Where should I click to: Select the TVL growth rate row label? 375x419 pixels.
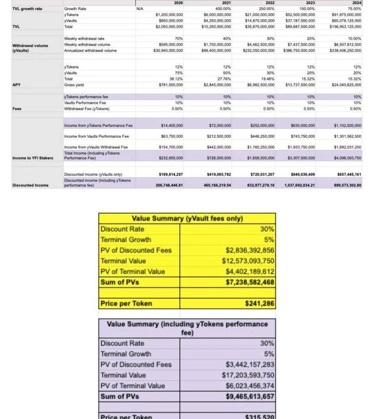27,9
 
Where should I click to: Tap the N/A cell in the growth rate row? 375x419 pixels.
140,9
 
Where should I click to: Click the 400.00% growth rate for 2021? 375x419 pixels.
223,9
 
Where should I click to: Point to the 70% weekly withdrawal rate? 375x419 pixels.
179,39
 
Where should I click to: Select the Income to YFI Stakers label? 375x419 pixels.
33,158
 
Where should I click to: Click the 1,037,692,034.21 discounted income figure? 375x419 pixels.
299,185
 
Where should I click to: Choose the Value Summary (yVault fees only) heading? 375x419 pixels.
187,219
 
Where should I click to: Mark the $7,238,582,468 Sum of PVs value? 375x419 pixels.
250,282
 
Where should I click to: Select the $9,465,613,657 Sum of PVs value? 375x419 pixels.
250,396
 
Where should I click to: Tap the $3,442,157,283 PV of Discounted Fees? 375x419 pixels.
250,364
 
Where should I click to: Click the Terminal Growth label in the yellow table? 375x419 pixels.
125,240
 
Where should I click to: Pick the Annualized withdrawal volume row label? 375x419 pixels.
90,50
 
